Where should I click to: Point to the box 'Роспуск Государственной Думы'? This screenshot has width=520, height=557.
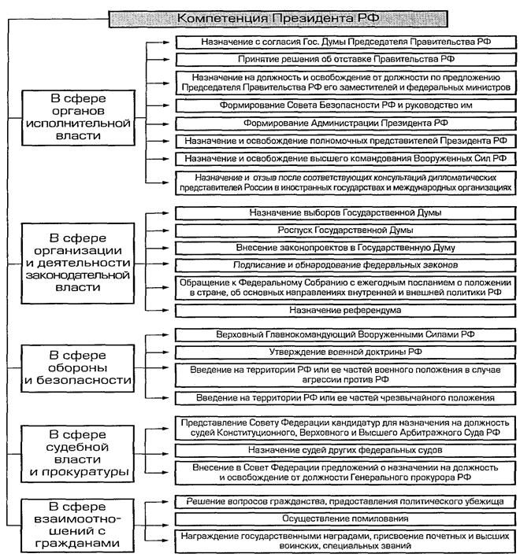(x=346, y=231)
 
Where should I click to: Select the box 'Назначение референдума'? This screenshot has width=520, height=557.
(x=346, y=311)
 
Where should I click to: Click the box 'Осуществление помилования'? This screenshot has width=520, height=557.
(x=346, y=519)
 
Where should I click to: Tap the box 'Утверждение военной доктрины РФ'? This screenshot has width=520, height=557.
(x=346, y=351)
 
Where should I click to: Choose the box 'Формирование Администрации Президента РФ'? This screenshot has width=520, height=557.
(x=346, y=123)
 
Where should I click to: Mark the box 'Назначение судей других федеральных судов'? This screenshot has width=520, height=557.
(x=346, y=450)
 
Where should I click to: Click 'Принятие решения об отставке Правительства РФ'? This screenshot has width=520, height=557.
(x=346, y=59)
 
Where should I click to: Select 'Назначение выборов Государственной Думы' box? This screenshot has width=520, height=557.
(x=346, y=213)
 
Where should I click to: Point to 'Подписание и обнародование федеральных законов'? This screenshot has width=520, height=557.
(x=346, y=265)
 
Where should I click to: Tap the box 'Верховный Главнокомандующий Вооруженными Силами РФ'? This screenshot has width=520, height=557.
(x=346, y=334)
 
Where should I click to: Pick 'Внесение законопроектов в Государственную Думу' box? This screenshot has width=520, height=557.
(x=346, y=248)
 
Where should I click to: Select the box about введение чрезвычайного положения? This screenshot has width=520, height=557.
(x=346, y=398)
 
